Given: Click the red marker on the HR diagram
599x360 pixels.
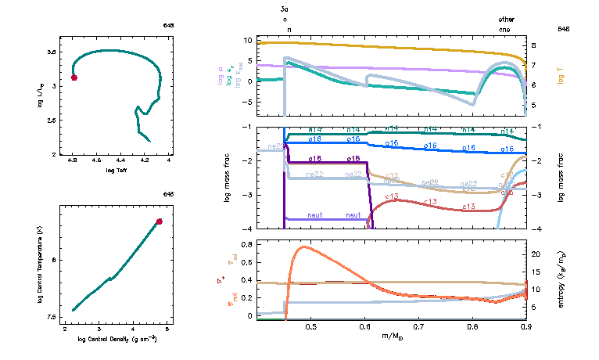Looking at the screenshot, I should pos(74,77).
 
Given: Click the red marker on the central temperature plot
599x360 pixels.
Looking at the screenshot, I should pos(160,221).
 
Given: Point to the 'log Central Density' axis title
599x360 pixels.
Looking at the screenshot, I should pos(117,339).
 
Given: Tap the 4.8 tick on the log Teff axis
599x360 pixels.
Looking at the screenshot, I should pos(73,160).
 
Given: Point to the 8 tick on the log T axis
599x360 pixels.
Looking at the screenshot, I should pos(534,45).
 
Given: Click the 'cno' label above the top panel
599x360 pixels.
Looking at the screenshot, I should pos(506,29).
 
